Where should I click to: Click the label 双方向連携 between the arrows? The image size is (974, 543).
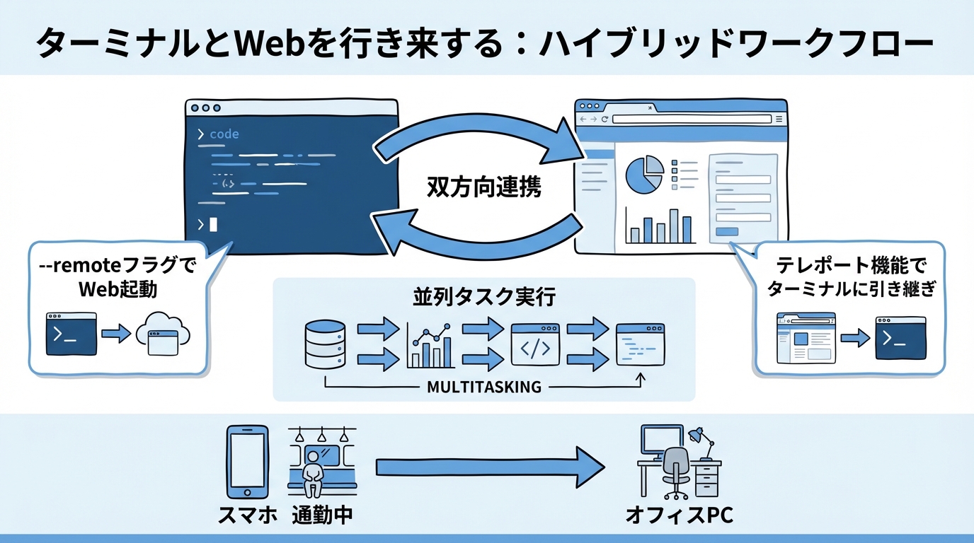click(x=484, y=187)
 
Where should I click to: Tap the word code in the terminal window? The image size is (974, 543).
click(x=224, y=134)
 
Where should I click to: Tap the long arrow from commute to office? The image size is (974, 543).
click(x=488, y=467)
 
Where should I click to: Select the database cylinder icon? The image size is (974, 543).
click(x=325, y=344)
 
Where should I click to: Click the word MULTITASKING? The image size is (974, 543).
click(x=484, y=387)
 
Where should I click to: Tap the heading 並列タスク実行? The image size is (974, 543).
click(x=484, y=297)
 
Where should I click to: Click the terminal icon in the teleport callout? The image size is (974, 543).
click(x=900, y=338)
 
